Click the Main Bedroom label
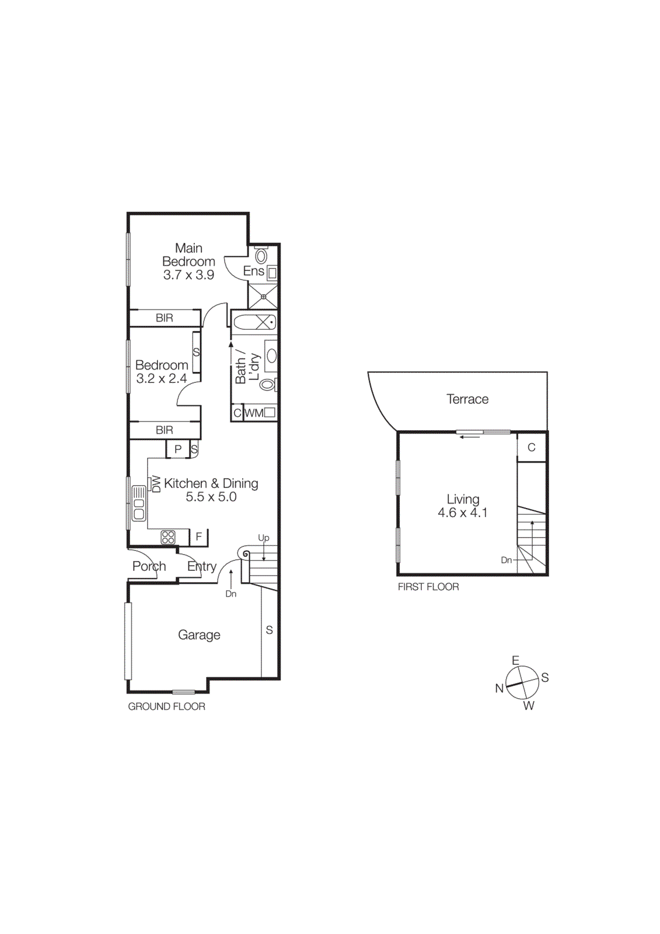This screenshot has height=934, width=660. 188,255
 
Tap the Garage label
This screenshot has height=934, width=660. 199,635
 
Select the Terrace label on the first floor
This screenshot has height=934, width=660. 467,399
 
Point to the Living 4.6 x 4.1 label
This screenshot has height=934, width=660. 463,506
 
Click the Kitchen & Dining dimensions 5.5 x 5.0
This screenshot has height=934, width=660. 211,497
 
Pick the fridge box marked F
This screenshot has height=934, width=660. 199,537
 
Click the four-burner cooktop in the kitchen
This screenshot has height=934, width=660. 168,537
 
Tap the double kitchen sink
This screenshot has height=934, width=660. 139,503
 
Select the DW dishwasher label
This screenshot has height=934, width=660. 156,484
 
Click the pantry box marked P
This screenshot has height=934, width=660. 178,449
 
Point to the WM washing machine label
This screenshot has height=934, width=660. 254,413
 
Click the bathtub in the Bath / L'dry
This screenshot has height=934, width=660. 254,322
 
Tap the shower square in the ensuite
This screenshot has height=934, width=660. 263,297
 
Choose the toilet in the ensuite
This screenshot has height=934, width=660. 261,255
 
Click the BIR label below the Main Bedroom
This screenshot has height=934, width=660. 165,318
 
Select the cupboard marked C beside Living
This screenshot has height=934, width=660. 532,448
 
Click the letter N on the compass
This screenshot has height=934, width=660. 499,688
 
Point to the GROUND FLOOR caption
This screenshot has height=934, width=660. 167,706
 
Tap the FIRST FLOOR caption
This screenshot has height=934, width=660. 428,587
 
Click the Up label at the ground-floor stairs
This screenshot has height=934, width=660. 264,538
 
